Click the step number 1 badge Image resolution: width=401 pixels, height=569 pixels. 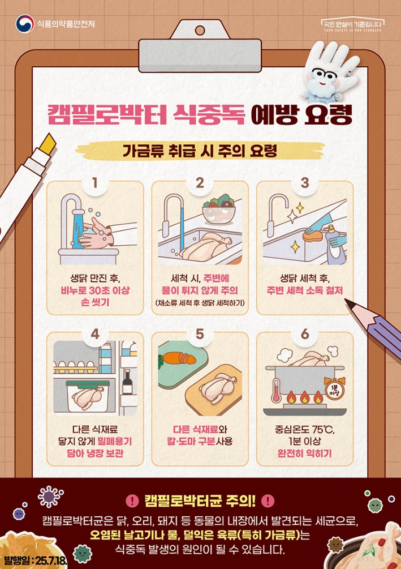[x=95, y=182]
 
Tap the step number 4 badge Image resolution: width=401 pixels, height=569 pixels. [x=95, y=333]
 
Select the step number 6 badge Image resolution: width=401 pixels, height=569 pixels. [x=305, y=333]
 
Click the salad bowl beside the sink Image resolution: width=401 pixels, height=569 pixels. [x=219, y=211]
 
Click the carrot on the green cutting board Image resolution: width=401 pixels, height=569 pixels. [x=178, y=358]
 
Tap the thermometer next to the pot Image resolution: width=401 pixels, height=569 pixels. [x=276, y=390]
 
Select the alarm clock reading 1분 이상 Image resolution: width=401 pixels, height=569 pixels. [x=334, y=389]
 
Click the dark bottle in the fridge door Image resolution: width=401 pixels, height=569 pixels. [x=127, y=382]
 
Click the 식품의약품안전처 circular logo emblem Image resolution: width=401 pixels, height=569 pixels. [x=25, y=24]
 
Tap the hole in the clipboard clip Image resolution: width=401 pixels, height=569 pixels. [x=200, y=31]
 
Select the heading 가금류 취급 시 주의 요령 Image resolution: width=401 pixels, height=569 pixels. [x=200, y=151]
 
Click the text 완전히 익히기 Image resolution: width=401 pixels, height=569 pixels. [x=304, y=454]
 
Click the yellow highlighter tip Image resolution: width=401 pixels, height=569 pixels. [x=49, y=142]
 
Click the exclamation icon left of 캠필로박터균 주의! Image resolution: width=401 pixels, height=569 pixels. [x=132, y=501]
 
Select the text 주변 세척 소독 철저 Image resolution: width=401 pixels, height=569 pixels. [x=304, y=290]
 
